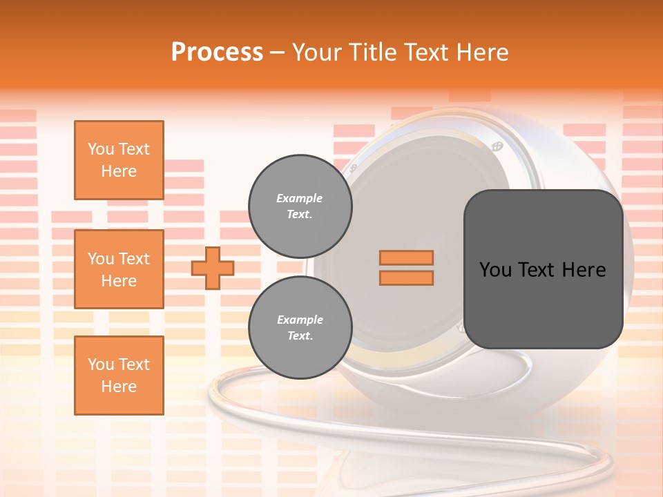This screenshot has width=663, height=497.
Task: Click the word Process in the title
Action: [x=217, y=52]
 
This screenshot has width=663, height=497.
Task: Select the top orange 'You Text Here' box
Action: [x=119, y=160]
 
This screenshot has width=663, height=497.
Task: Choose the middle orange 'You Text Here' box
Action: [x=119, y=269]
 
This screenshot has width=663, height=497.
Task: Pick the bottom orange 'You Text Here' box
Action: [x=119, y=376]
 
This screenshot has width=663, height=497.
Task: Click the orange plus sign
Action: [x=213, y=268]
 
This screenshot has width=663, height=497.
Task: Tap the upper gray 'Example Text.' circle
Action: [x=300, y=206]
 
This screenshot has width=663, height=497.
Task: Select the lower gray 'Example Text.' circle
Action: [x=300, y=328]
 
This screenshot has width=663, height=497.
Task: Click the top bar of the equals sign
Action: [x=406, y=257]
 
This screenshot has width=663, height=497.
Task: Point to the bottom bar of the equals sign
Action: [x=406, y=277]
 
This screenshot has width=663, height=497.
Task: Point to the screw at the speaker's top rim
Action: [x=497, y=146]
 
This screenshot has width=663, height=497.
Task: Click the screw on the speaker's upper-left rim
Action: [x=354, y=168]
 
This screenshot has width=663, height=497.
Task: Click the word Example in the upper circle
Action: [x=299, y=198]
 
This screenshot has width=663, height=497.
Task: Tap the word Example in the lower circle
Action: [x=300, y=320]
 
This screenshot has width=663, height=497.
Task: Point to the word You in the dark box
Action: [x=495, y=270]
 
